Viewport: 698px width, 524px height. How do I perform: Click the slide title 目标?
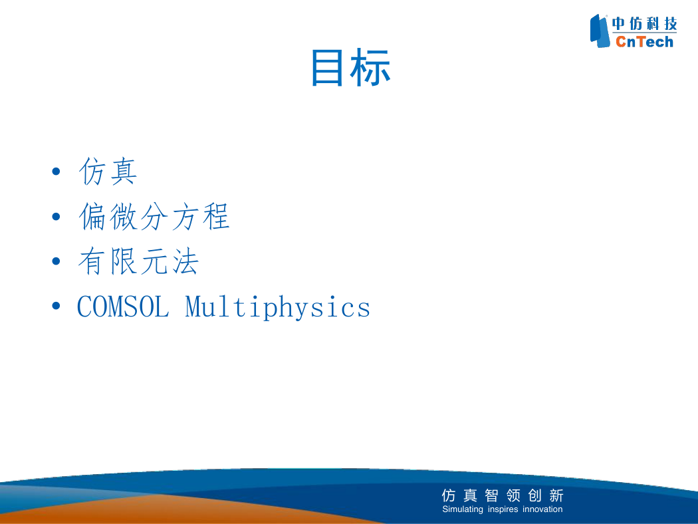(x=350, y=68)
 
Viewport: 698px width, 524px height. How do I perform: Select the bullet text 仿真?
(x=108, y=171)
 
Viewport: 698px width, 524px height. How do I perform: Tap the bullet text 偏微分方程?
(x=154, y=216)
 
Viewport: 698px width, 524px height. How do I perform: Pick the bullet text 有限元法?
(x=138, y=261)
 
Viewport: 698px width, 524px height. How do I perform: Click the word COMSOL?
(x=123, y=307)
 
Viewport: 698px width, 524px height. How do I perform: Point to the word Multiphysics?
(x=277, y=307)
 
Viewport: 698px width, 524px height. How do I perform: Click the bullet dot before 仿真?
(x=56, y=172)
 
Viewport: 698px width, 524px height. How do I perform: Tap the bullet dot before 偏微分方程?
(x=56, y=217)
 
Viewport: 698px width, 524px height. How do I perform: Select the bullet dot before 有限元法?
(x=56, y=261)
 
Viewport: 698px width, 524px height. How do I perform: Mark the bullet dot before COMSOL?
(x=56, y=306)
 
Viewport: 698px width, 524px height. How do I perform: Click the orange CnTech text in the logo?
(x=645, y=42)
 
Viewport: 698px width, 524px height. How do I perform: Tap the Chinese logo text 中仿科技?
(x=645, y=23)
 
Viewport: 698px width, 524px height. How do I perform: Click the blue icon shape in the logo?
(x=600, y=31)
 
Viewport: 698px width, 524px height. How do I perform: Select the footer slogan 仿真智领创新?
(x=503, y=495)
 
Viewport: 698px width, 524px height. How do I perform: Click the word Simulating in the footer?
(x=463, y=509)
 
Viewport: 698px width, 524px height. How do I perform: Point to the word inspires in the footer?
(x=503, y=509)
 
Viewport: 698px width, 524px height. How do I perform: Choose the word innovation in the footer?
(x=542, y=509)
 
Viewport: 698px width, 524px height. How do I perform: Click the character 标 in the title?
(x=370, y=68)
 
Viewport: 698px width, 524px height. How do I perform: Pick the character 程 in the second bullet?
(x=216, y=216)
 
